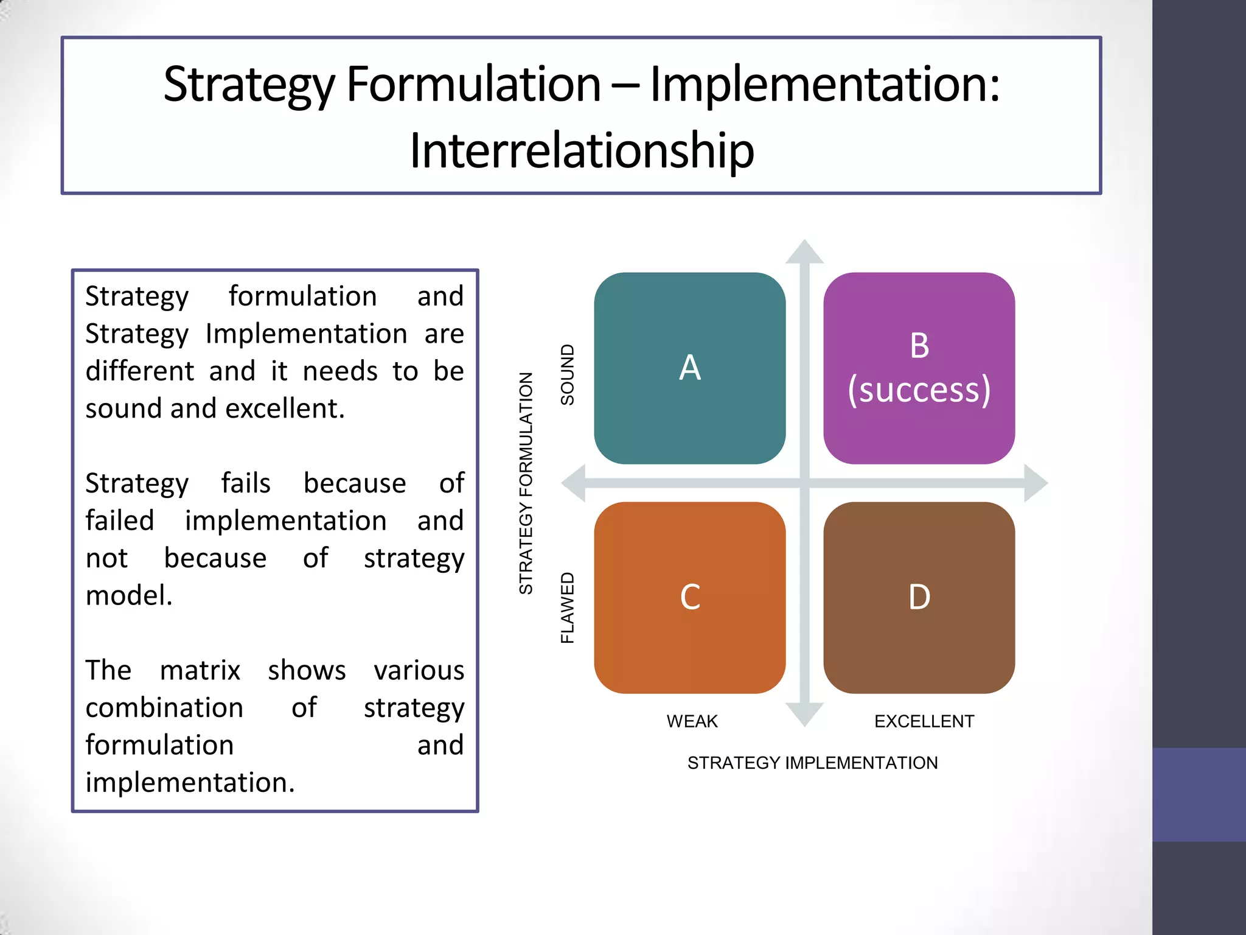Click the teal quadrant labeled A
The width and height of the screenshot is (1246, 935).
pyautogui.click(x=689, y=368)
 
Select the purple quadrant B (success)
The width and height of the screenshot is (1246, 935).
pyautogui.click(x=919, y=368)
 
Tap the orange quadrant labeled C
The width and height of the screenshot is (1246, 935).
pyautogui.click(x=689, y=597)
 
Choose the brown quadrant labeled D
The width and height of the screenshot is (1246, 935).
pyautogui.click(x=919, y=597)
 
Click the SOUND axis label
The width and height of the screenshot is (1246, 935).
pyautogui.click(x=567, y=375)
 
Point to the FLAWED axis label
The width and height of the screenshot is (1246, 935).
pyautogui.click(x=567, y=608)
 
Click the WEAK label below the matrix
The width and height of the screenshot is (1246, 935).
pyautogui.click(x=692, y=721)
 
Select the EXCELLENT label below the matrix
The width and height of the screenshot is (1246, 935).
pyautogui.click(x=924, y=721)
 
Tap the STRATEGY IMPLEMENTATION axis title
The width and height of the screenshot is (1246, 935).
pyautogui.click(x=812, y=763)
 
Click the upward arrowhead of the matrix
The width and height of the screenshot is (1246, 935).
pyautogui.click(x=804, y=251)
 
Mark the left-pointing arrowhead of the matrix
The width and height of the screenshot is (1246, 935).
pyautogui.click(x=574, y=483)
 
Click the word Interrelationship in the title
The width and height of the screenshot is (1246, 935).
pyautogui.click(x=582, y=150)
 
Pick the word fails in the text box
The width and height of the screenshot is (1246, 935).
pyautogui.click(x=246, y=483)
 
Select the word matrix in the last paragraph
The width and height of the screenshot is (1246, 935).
pyautogui.click(x=200, y=670)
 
